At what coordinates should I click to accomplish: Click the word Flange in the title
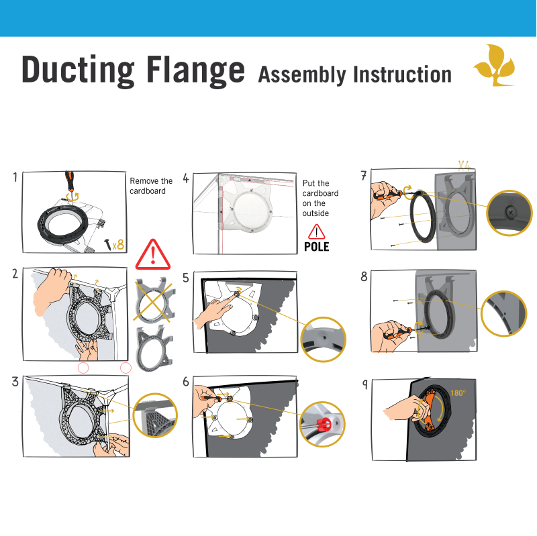click(x=196, y=70)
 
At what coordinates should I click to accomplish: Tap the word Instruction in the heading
click(x=402, y=74)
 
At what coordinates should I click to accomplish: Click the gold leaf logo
click(x=495, y=65)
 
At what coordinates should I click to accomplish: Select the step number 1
click(x=15, y=177)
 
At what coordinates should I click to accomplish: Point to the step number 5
click(x=186, y=278)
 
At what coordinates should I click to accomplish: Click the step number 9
click(x=365, y=384)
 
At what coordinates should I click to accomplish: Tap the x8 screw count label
click(x=118, y=245)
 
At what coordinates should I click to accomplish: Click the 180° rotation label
click(x=458, y=393)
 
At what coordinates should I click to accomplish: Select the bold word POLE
click(x=316, y=247)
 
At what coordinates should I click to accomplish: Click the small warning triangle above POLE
click(x=316, y=231)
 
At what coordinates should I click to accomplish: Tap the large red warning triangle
click(x=153, y=255)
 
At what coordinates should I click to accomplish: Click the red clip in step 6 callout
click(x=324, y=425)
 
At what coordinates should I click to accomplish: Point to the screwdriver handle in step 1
click(x=70, y=181)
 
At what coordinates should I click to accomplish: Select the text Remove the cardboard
click(x=151, y=186)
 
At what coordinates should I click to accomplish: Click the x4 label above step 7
click(x=465, y=165)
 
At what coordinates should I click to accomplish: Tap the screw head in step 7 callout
click(x=511, y=213)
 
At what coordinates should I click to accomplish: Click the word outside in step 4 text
click(x=315, y=213)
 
